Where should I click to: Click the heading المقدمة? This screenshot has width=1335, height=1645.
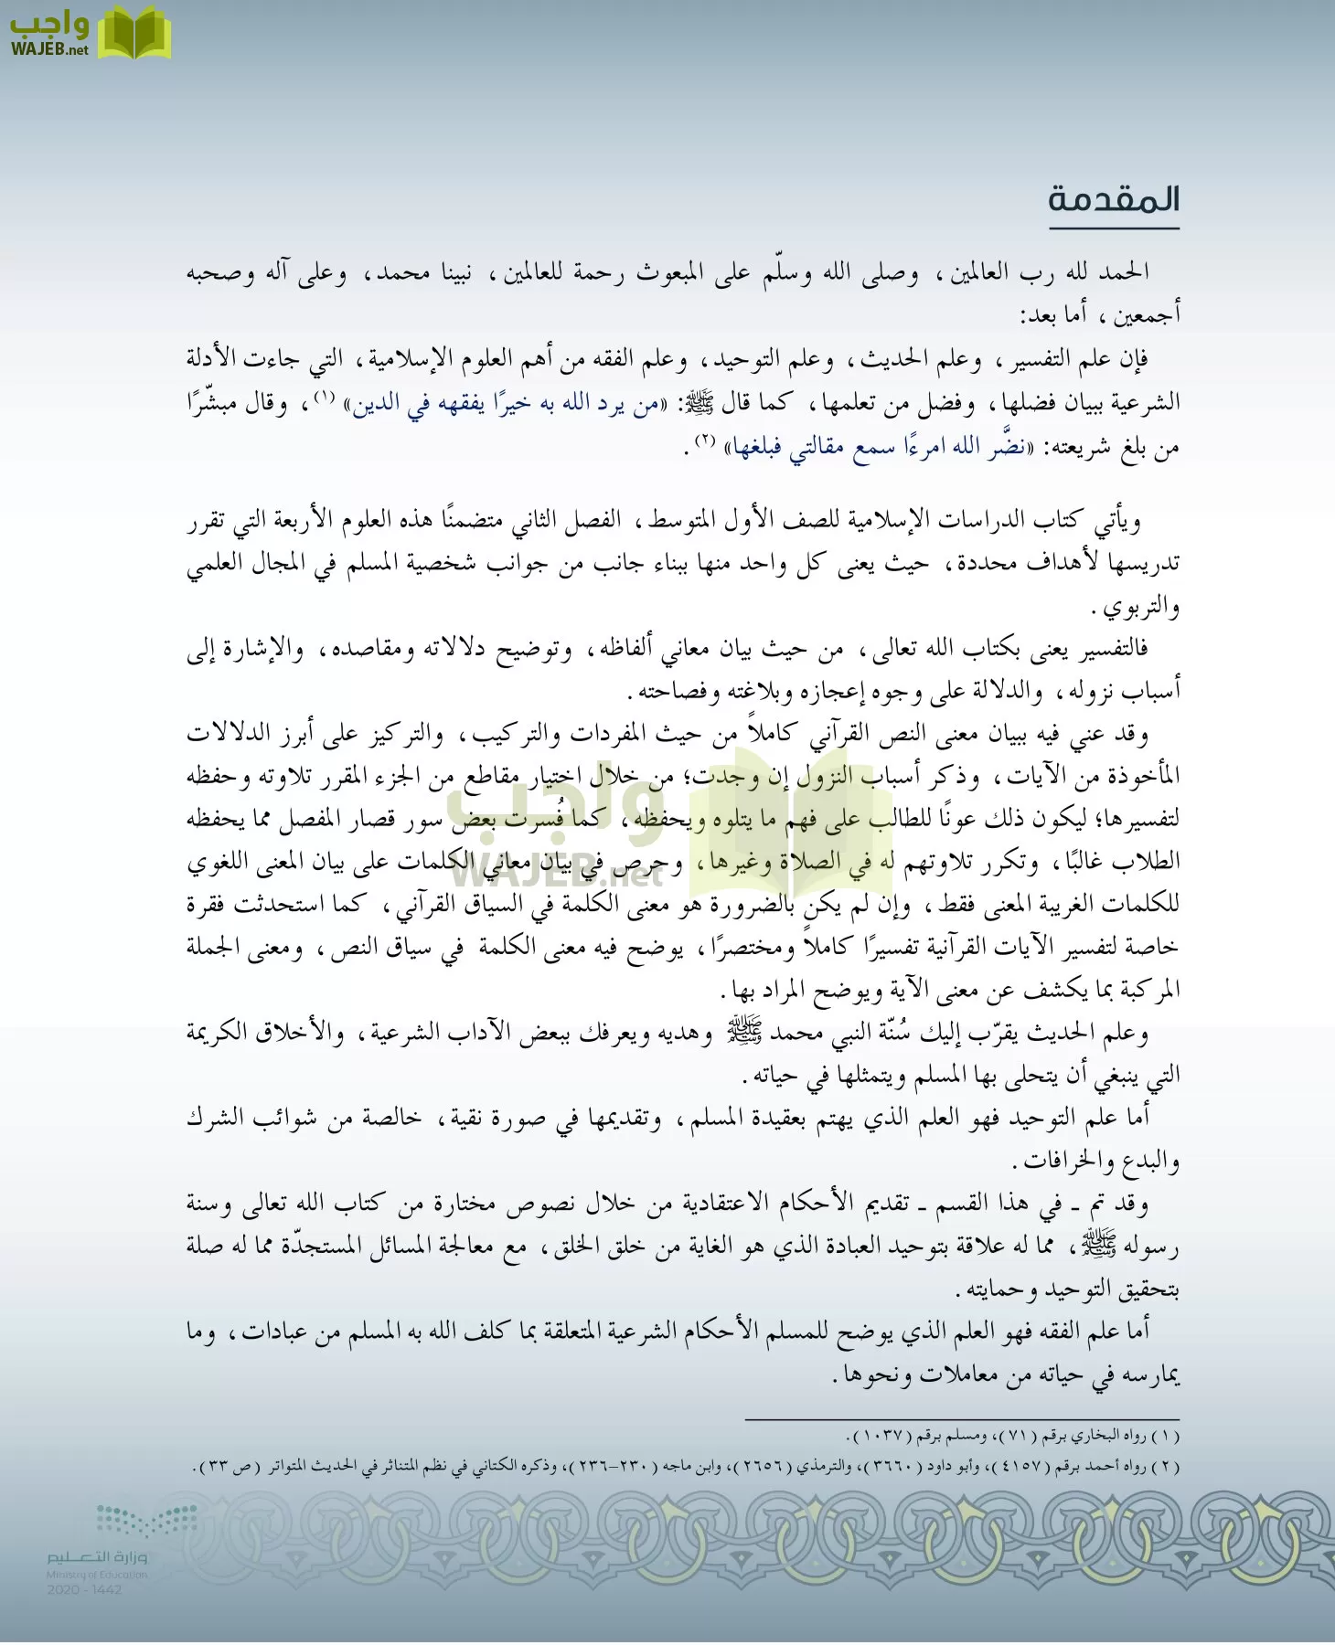[x=1113, y=199]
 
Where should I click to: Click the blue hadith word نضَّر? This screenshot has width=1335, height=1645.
[x=1006, y=448]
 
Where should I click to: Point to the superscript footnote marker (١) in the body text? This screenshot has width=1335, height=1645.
[x=325, y=398]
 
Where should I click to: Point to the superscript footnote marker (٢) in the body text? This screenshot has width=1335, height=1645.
[x=704, y=441]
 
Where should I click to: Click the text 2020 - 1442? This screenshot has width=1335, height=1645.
[x=84, y=1590]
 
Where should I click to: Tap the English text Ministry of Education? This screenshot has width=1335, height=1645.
[x=97, y=1575]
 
